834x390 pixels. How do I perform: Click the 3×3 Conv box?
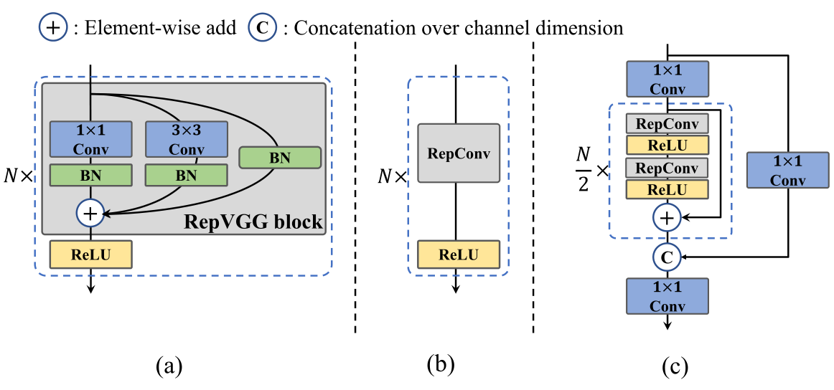pos(187,140)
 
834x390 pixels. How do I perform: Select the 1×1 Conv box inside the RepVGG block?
pos(91,140)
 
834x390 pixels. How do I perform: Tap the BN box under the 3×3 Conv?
pos(187,176)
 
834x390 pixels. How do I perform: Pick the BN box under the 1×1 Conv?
pos(91,176)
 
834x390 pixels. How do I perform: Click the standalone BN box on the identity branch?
pos(280,158)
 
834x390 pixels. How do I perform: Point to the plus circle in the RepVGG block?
pos(91,213)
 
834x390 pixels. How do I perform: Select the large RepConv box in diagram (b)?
pos(459,153)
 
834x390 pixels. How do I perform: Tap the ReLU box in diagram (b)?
pos(459,254)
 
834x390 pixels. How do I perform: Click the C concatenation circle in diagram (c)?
pos(667,257)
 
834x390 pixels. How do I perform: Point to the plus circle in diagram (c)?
pos(667,217)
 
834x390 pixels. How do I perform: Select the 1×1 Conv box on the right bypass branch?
pos(788,170)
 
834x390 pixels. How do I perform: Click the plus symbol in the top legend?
pos(52,29)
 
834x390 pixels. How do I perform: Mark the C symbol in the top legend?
pos(262,29)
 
